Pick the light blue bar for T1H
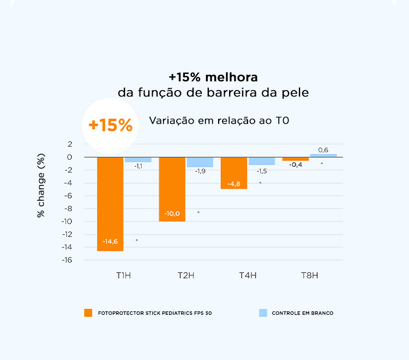(138, 159)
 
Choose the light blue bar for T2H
(200, 162)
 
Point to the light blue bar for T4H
(262, 161)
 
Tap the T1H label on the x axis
(123, 275)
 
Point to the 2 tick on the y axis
(70, 144)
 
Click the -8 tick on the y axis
(68, 208)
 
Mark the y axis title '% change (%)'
(41, 185)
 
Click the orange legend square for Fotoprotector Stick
(88, 313)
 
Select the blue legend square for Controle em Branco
(263, 313)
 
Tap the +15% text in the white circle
(111, 125)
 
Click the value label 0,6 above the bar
(323, 149)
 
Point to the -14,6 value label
(110, 241)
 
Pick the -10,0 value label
(172, 213)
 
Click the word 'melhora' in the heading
(236, 77)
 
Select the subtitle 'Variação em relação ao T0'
(219, 121)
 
